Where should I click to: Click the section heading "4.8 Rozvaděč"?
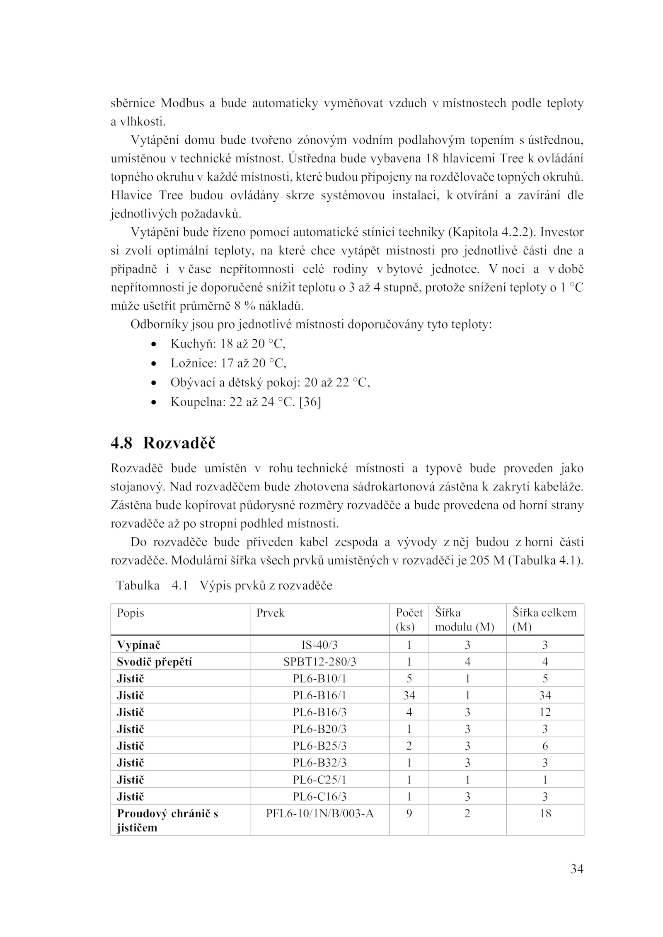163,443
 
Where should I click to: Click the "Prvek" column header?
270,613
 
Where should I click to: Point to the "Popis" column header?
131,613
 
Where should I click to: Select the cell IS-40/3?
319,645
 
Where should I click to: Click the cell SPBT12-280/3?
319,662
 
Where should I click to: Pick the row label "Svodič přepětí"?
155,662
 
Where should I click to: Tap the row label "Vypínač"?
138,645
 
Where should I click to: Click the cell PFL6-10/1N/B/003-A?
319,814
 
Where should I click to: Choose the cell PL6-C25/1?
319,780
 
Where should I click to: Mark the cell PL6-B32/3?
319,763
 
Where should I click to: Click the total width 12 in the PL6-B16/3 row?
545,712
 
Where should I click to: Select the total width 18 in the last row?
545,814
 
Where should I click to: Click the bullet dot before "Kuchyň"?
154,344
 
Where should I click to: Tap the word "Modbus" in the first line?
182,103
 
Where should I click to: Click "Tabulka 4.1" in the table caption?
152,586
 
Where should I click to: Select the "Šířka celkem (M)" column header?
544,619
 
